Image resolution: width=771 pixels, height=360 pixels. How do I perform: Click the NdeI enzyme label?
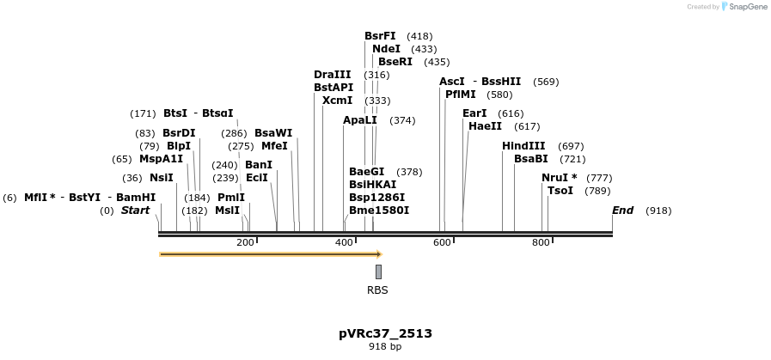386,49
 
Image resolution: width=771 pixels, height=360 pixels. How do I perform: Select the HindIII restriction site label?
523,146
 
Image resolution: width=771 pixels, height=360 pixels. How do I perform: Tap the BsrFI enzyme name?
380,36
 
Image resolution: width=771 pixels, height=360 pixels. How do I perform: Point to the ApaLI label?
360,120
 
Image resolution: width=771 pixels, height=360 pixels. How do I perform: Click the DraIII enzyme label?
333,75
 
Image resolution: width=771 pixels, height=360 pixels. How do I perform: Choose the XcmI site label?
338,101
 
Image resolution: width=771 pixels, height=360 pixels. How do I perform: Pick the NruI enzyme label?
556,178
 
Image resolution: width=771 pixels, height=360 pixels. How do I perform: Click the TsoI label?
560,191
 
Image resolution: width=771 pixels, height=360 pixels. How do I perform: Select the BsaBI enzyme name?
530,159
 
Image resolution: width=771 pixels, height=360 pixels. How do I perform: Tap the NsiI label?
162,178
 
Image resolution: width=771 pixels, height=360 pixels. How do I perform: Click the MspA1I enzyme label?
161,159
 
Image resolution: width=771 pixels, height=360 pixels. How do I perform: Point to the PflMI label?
461,95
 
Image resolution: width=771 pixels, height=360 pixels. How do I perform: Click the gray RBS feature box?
378,272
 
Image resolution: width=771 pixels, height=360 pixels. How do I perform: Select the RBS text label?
377,290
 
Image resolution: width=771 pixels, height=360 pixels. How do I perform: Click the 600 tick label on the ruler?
442,243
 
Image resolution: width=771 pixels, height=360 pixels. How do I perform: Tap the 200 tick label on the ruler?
245,243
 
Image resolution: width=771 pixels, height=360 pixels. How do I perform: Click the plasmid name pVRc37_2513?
385,333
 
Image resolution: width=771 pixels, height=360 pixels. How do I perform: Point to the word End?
622,211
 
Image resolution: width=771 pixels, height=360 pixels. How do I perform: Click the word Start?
135,211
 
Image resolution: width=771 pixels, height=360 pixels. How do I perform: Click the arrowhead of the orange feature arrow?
379,254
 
